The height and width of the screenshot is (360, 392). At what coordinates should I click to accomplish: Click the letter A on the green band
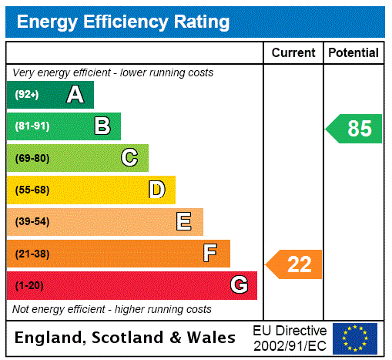(75, 95)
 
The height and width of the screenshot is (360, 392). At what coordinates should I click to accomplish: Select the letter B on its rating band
(102, 126)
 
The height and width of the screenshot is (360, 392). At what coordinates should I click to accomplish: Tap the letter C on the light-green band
(129, 158)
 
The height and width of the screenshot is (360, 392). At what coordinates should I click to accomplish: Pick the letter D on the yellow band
(157, 190)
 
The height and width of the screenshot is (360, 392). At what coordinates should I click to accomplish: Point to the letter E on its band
(184, 222)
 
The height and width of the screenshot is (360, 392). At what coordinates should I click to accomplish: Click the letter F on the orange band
(210, 254)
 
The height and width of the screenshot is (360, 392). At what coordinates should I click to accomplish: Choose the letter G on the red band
(239, 285)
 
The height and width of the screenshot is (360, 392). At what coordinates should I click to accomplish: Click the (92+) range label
(27, 95)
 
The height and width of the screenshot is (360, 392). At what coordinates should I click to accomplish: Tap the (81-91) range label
(32, 126)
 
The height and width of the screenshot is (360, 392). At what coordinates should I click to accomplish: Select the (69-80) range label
(32, 158)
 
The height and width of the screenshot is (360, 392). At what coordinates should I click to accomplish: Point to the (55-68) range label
(32, 190)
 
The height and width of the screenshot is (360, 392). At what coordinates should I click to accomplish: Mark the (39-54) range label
(32, 222)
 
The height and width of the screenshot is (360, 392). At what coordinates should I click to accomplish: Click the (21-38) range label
(32, 254)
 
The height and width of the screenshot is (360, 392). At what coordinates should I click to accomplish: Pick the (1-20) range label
(29, 286)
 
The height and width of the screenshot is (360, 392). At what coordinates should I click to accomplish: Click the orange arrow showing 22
(295, 264)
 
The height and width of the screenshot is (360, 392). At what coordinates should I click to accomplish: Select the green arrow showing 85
(355, 128)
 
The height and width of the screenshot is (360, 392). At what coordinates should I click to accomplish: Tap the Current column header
(293, 53)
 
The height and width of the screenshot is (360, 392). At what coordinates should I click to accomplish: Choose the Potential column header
(353, 53)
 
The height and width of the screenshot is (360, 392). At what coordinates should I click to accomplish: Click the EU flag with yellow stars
(355, 338)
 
